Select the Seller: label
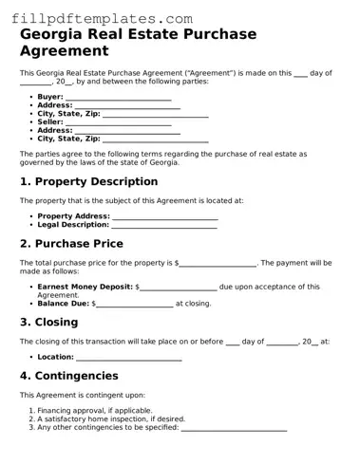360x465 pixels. pyautogui.click(x=50, y=121)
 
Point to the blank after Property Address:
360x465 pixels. pyautogui.click(x=165, y=217)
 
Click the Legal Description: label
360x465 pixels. pyautogui.click(x=73, y=226)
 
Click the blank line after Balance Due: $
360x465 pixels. pyautogui.click(x=135, y=304)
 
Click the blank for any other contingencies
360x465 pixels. pyautogui.click(x=234, y=428)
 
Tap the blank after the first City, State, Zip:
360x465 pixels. pyautogui.click(x=155, y=114)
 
